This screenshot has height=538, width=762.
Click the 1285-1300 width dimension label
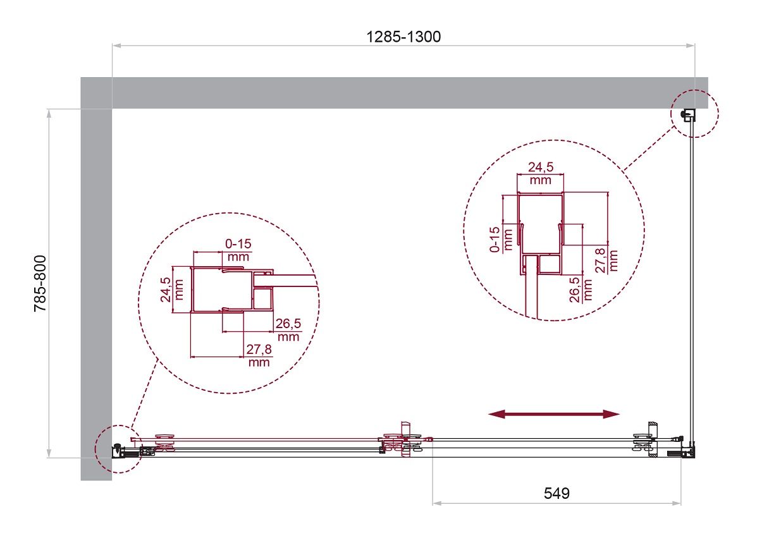tap(403, 37)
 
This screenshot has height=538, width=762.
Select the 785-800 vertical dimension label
tap(40, 283)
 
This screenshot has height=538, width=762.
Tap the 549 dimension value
tap(556, 493)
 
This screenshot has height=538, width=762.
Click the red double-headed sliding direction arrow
tap(554, 414)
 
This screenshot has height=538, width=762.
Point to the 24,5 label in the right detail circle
tap(541, 167)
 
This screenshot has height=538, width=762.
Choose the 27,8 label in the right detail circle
tap(601, 260)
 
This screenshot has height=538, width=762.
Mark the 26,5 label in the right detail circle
tap(575, 290)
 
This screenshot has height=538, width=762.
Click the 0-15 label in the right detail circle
tap(495, 240)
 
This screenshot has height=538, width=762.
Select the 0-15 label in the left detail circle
tap(238, 243)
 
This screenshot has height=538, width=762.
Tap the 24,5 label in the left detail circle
tap(166, 290)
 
